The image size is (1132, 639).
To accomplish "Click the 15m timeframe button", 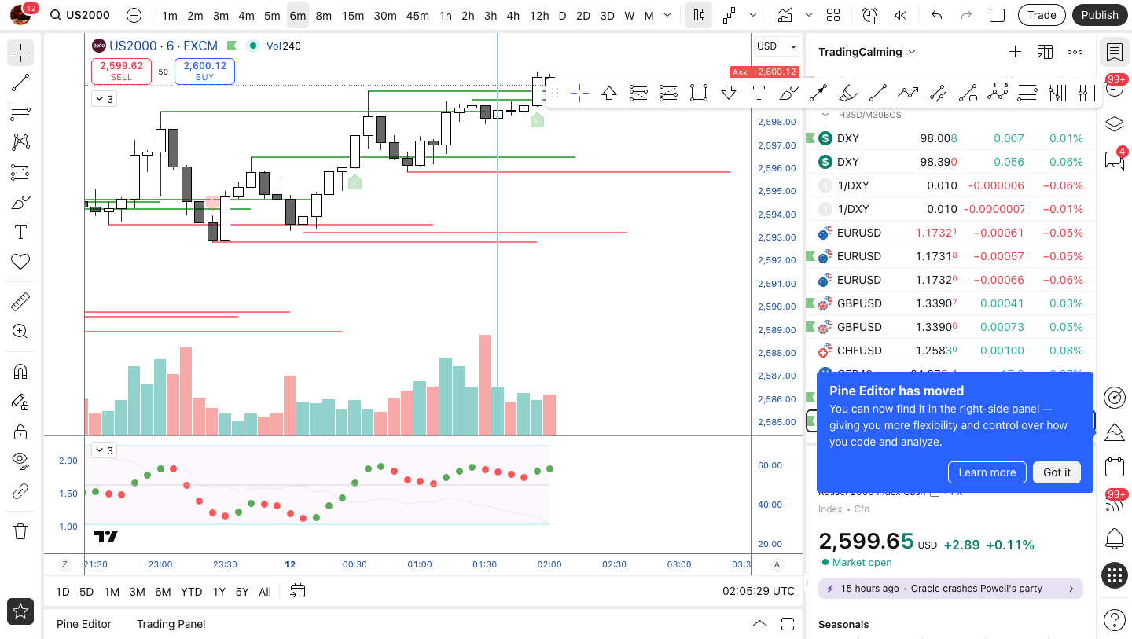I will [353, 15].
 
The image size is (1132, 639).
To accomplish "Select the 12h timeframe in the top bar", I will [539, 15].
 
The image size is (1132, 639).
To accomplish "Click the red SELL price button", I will [121, 71].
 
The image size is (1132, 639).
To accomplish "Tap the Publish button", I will [1099, 15].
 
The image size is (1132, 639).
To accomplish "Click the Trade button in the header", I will [1042, 15].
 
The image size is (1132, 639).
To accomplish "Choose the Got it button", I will [1057, 472].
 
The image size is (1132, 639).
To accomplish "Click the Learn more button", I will [987, 472].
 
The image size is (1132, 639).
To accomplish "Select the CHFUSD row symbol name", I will [859, 351].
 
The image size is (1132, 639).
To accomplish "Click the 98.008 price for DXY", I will [938, 138].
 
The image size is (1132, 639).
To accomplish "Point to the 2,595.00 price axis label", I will [777, 191].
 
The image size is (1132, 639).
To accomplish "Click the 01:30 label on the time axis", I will [484, 564].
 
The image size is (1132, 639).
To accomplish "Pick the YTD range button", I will [191, 592].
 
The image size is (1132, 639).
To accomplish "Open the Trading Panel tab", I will [171, 624].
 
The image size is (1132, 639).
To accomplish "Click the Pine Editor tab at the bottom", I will [83, 624].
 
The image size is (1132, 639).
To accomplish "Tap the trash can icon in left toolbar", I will [20, 531].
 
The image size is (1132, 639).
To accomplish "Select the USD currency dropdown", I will [777, 46].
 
